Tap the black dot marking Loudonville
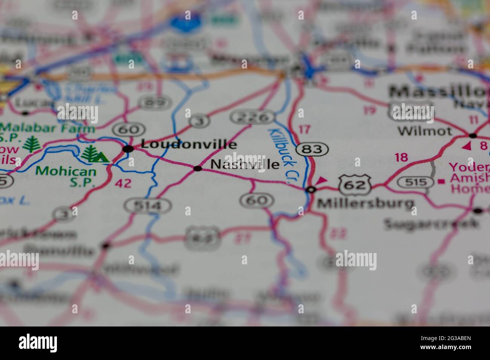tap(129, 149)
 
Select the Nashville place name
tap(245, 164)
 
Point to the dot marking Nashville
tap(198, 168)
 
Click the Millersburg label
tap(365, 204)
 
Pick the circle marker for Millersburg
tap(311, 189)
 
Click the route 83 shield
tap(312, 149)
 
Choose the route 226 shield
tap(253, 117)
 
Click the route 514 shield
tap(148, 206)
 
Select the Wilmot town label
tap(425, 131)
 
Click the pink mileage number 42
tap(123, 183)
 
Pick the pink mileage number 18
tap(401, 157)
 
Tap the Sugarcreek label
tap(432, 224)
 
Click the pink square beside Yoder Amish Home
tap(441, 182)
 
